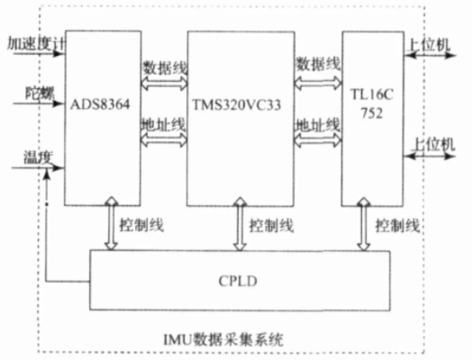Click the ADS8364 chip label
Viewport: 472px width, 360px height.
(100, 104)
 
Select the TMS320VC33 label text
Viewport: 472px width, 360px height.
(237, 105)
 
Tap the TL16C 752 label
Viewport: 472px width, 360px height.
(372, 103)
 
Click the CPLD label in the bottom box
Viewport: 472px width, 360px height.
(238, 281)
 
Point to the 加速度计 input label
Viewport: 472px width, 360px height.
(35, 44)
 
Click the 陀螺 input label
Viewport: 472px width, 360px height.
(40, 94)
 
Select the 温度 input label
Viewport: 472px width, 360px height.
(38, 157)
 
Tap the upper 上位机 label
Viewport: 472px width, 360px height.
(429, 45)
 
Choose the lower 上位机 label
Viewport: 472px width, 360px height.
(433, 144)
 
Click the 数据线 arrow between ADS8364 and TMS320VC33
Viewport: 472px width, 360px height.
(164, 83)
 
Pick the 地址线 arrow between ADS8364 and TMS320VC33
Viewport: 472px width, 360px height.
(164, 139)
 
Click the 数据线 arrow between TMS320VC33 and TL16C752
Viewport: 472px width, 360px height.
(318, 83)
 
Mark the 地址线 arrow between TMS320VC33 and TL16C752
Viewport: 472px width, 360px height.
(318, 140)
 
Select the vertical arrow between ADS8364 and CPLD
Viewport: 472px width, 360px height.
(111, 223)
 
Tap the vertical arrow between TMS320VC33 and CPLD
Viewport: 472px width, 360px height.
(240, 224)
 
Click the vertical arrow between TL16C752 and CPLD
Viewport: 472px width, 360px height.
(364, 224)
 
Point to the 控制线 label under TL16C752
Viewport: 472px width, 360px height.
(397, 225)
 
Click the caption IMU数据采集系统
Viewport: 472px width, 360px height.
(223, 339)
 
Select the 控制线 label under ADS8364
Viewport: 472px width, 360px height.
(141, 225)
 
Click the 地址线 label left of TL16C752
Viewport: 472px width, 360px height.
(318, 125)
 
